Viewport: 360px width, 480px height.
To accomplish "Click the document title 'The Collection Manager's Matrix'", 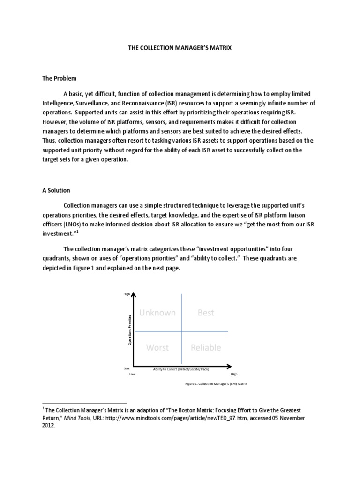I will [180, 48].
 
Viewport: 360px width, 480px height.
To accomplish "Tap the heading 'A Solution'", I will [56, 190].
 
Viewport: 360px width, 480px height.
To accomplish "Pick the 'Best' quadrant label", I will [205, 313].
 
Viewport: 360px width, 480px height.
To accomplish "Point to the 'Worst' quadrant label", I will [157, 347].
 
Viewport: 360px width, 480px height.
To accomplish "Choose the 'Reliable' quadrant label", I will [205, 347].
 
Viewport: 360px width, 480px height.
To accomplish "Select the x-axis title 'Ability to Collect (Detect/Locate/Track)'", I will [181, 369].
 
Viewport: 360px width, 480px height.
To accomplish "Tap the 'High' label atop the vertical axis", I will [126, 294].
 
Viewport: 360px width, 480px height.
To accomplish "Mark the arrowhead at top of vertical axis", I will [134, 294].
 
